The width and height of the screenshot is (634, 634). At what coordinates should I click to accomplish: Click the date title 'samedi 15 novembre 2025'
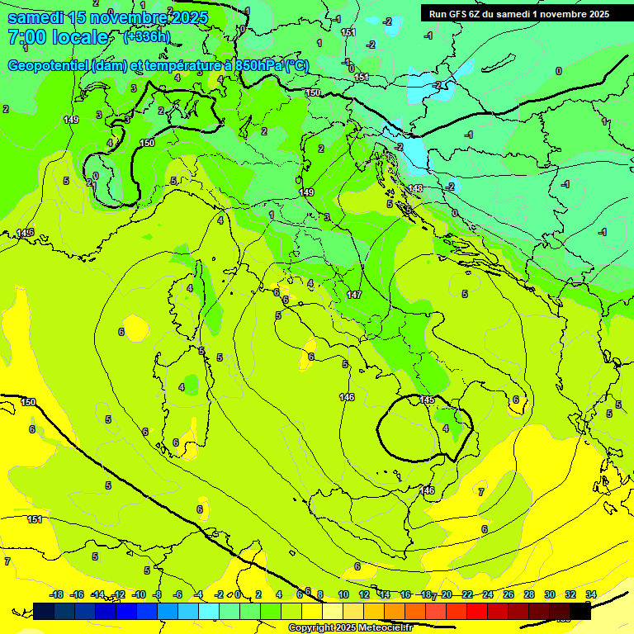107,17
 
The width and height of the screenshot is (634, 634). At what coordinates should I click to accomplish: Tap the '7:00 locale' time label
58,37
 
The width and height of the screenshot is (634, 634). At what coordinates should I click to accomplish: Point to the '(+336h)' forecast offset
147,36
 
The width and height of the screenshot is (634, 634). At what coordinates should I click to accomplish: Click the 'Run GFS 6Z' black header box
519,13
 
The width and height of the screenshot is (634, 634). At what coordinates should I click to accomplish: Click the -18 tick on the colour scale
57,594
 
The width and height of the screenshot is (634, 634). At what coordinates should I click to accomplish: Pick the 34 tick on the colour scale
591,594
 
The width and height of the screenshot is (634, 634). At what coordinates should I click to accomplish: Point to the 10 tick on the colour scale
343,594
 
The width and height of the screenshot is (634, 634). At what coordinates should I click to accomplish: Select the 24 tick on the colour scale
488,594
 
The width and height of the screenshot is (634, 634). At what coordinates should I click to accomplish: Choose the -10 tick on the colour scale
140,594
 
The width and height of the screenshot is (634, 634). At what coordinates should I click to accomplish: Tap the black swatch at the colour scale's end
580,611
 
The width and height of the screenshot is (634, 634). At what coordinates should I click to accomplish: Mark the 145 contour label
427,400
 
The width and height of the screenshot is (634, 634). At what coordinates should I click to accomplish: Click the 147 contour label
354,295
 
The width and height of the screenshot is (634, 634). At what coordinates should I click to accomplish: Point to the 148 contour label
415,188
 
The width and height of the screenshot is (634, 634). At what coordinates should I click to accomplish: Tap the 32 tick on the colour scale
570,594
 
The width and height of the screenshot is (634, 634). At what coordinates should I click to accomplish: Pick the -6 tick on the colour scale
178,594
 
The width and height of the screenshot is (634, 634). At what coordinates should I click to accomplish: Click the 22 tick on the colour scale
467,594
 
